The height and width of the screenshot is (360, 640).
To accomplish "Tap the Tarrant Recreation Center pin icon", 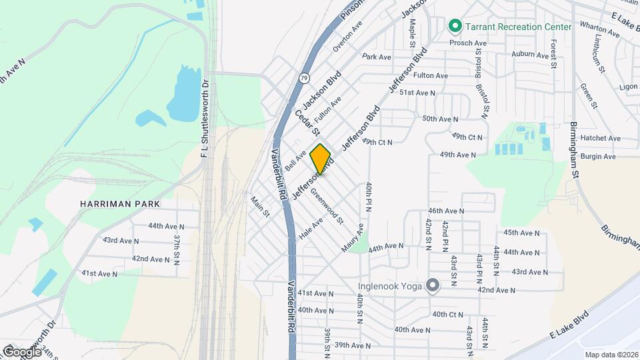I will [455, 27].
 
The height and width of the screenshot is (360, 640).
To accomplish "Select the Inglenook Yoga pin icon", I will [433, 286].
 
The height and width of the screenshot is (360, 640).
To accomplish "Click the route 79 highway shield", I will [304, 77].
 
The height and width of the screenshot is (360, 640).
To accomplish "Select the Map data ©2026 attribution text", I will [610, 354].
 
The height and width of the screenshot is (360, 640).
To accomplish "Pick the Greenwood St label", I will [327, 205].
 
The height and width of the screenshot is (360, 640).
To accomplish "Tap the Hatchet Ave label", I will [600, 139].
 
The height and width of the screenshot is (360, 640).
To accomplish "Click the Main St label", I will [260, 206].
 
